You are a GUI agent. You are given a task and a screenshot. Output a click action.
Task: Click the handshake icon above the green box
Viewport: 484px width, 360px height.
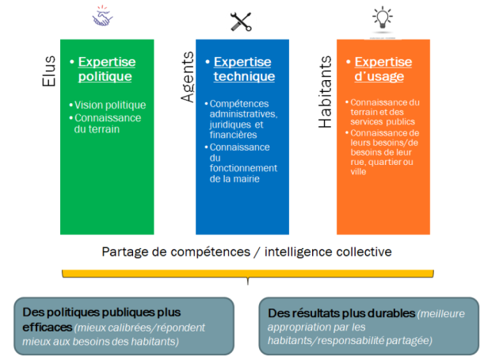104,18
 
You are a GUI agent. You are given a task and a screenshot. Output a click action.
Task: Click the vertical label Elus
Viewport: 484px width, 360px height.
48,70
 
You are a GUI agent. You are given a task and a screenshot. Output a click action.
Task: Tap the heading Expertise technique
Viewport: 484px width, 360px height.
243,69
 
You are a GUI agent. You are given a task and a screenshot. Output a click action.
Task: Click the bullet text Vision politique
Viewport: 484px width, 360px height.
110,105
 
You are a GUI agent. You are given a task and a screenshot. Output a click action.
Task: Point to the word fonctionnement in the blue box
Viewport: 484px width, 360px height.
242,167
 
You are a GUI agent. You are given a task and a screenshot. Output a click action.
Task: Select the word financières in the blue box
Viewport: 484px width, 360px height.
232,136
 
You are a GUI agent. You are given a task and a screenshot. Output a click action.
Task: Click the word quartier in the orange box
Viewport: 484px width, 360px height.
393,163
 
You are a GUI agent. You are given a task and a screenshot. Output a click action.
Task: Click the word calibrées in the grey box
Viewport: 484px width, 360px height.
139,327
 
